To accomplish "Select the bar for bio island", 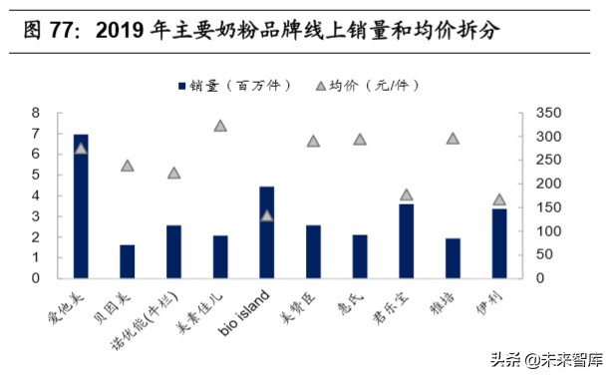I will [266, 231].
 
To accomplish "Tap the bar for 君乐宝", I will [406, 240].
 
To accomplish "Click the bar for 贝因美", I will [127, 260].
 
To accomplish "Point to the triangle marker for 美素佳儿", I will [220, 126].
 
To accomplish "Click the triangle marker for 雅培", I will [453, 139].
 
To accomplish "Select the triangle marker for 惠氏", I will [360, 139].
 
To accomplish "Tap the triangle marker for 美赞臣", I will [313, 142].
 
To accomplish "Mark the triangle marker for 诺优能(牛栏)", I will [173, 173].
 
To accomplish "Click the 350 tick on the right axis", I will [542, 113].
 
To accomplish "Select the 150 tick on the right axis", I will [542, 207].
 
